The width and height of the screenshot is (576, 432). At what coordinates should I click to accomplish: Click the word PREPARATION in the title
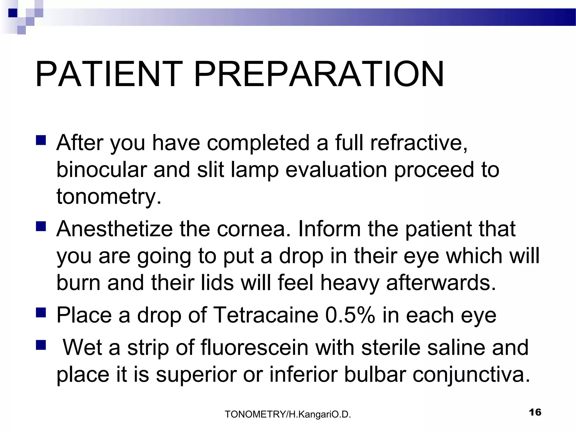click(x=319, y=74)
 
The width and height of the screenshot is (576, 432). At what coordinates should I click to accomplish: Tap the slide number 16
click(x=535, y=412)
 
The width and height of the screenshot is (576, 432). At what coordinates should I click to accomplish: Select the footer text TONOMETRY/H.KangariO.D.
click(x=288, y=414)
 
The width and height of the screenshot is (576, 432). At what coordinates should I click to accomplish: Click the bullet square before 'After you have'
click(x=41, y=140)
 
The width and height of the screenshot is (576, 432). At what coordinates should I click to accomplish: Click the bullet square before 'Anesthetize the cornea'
click(x=41, y=226)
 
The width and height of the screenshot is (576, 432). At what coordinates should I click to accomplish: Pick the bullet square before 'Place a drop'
click(x=41, y=312)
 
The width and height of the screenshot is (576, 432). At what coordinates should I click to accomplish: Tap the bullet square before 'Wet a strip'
click(x=41, y=345)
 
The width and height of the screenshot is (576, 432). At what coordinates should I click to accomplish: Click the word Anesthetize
click(x=114, y=229)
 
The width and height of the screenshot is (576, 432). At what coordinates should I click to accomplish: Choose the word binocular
click(x=102, y=170)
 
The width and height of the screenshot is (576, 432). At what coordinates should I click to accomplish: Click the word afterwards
click(x=441, y=283)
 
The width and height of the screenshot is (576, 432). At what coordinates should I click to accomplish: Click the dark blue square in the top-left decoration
click(x=12, y=13)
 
